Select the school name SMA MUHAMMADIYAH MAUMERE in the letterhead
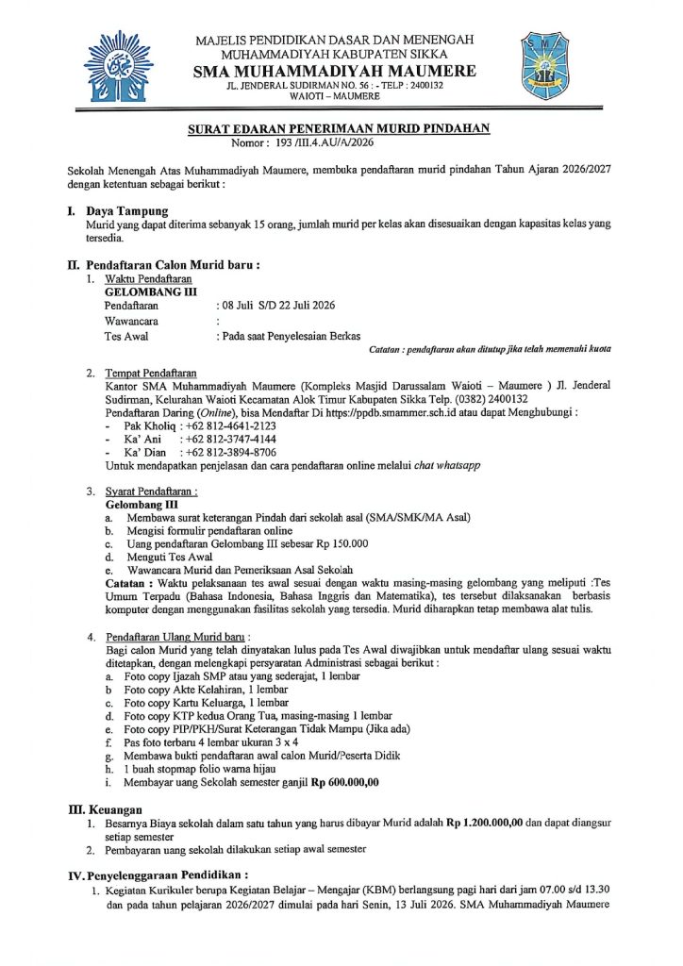(334, 72)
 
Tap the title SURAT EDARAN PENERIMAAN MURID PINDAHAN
(339, 129)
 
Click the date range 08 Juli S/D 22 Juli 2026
(276, 306)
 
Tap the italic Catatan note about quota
(490, 349)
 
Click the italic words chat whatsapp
(448, 465)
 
